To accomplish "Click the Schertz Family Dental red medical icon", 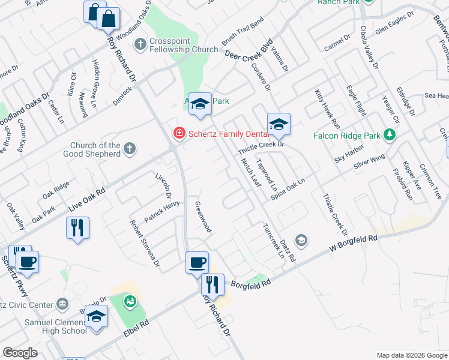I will point(178,133).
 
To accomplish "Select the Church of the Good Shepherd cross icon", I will point(130,148).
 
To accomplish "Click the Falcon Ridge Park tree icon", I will point(391,135).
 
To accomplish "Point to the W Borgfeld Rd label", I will point(354,243).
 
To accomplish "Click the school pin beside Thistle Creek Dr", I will point(279,125).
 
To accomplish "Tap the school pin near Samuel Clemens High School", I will point(96,317).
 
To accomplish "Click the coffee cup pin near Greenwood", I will point(197,262).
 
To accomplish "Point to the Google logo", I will point(20,353).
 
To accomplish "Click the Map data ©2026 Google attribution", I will point(411,355).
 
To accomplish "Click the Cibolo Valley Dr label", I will point(369,48).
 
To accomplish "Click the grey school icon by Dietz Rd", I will point(301,241).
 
